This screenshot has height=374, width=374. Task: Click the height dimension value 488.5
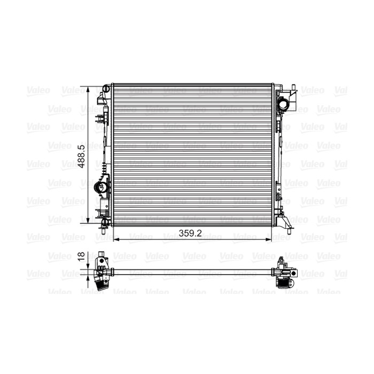(82, 156)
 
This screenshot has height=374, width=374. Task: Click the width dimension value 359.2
(190, 233)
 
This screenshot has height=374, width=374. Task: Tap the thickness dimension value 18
(82, 256)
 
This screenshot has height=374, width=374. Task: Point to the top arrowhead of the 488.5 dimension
(88, 90)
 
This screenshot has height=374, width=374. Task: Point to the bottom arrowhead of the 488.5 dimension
(88, 220)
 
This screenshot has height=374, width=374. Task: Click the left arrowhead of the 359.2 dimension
(116, 239)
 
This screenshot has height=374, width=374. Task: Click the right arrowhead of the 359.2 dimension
(268, 239)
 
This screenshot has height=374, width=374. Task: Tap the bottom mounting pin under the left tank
(104, 231)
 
